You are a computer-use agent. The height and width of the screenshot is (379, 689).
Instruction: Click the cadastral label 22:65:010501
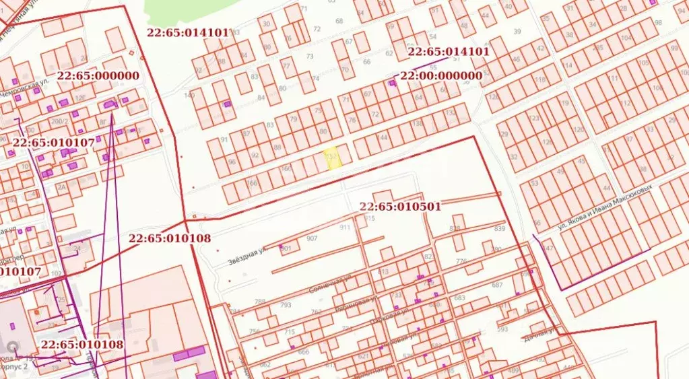tap(400, 207)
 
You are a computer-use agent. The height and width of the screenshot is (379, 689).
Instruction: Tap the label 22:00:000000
tap(441, 76)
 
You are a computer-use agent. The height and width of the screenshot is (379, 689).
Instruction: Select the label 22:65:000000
tap(98, 76)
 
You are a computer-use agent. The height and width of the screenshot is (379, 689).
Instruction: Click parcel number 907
tap(311, 239)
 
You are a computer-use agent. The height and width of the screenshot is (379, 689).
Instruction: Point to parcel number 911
tap(345, 228)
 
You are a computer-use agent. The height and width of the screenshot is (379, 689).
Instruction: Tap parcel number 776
tap(461, 261)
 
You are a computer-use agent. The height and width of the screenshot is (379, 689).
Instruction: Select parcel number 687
tap(497, 285)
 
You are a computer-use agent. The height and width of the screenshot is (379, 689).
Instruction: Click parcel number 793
tap(286, 305)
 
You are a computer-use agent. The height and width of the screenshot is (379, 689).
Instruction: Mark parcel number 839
tap(499, 229)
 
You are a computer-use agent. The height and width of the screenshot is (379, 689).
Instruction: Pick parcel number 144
tap(383, 137)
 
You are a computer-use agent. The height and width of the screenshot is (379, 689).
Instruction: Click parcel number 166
tap(253, 182)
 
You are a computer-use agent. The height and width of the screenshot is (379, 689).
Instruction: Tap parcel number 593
tap(502, 329)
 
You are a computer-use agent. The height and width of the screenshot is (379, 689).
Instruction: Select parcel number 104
tap(627, 38)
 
